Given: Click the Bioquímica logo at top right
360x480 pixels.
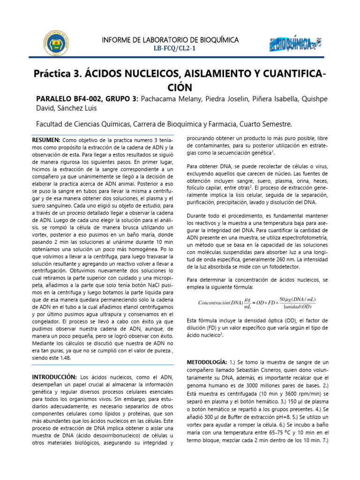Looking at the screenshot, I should (x=296, y=44).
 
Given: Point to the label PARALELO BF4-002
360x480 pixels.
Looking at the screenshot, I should (x=68, y=98).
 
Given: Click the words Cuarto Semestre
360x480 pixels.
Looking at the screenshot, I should (x=266, y=124).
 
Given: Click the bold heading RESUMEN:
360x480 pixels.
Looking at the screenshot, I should (x=45, y=140).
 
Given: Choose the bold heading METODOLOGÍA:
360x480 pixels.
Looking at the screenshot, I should (x=207, y=362).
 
